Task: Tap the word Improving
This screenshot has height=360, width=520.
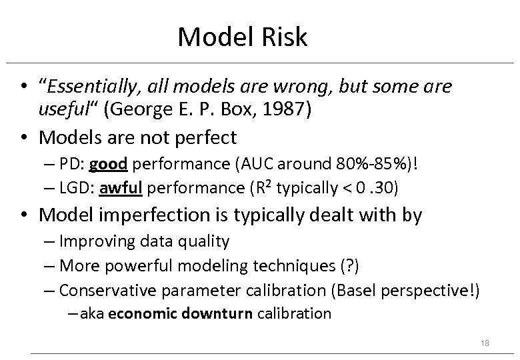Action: [93, 241]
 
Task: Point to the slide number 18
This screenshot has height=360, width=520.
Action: [485, 342]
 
